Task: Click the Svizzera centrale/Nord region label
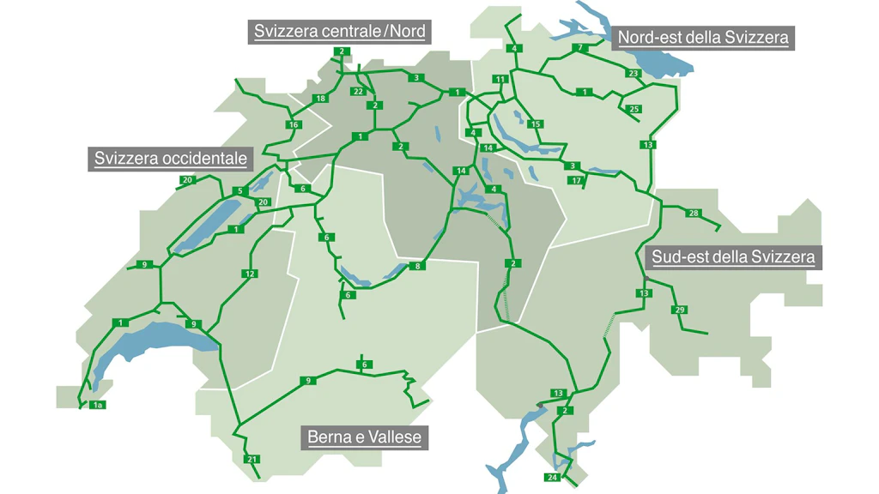click(x=340, y=32)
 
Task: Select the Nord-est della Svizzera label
click(x=703, y=38)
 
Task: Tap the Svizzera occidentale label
click(x=171, y=159)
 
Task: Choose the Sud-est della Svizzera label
click(x=733, y=256)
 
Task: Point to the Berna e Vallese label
click(x=365, y=437)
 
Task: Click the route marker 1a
click(x=98, y=405)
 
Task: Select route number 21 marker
click(x=252, y=460)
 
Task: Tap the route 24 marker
click(x=552, y=477)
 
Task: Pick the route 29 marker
click(x=680, y=310)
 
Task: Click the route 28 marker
click(x=694, y=213)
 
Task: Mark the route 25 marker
click(x=633, y=109)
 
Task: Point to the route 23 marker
click(x=633, y=74)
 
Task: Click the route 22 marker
click(x=358, y=91)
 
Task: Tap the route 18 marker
click(x=320, y=99)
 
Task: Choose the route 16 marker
click(x=293, y=125)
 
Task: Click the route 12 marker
click(x=250, y=274)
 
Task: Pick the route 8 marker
click(x=419, y=267)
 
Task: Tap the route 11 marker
click(x=500, y=80)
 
